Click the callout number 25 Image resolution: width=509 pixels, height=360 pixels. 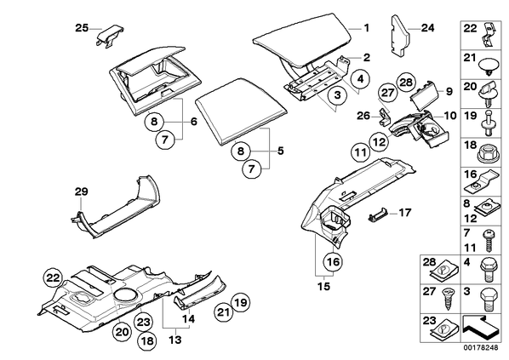82,28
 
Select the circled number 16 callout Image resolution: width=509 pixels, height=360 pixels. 334,261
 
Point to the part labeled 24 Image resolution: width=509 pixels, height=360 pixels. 400,36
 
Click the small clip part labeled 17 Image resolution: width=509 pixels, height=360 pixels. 378,215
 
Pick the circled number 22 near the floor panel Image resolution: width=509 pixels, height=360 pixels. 54,278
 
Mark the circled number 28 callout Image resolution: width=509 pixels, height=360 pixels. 406,83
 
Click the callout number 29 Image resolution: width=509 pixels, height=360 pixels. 81,191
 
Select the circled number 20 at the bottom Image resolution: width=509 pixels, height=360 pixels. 123,332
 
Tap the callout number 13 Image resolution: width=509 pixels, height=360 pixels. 174,340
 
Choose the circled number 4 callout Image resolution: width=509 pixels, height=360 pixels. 361,78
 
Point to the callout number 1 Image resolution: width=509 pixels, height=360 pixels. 366,28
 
